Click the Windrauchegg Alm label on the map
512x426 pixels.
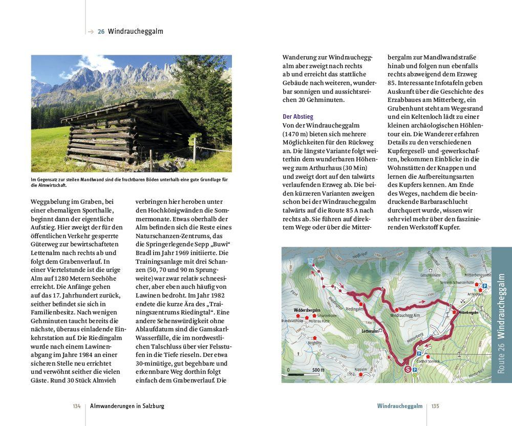click(x=405, y=316)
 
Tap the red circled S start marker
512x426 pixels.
click(x=408, y=368)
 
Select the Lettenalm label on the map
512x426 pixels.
click(x=369, y=331)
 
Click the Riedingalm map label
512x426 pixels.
click(x=354, y=309)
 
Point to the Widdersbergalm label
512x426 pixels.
click(x=307, y=310)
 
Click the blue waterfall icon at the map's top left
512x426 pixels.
click(x=310, y=261)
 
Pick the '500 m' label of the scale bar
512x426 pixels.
click(x=318, y=370)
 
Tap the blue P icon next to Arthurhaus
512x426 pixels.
click(x=484, y=291)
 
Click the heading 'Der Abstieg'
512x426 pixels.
click(x=298, y=117)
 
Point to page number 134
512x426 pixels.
click(x=77, y=406)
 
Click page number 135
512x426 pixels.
click(x=435, y=406)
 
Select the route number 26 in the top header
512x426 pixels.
click(x=101, y=31)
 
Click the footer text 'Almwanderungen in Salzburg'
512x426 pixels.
click(x=127, y=406)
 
